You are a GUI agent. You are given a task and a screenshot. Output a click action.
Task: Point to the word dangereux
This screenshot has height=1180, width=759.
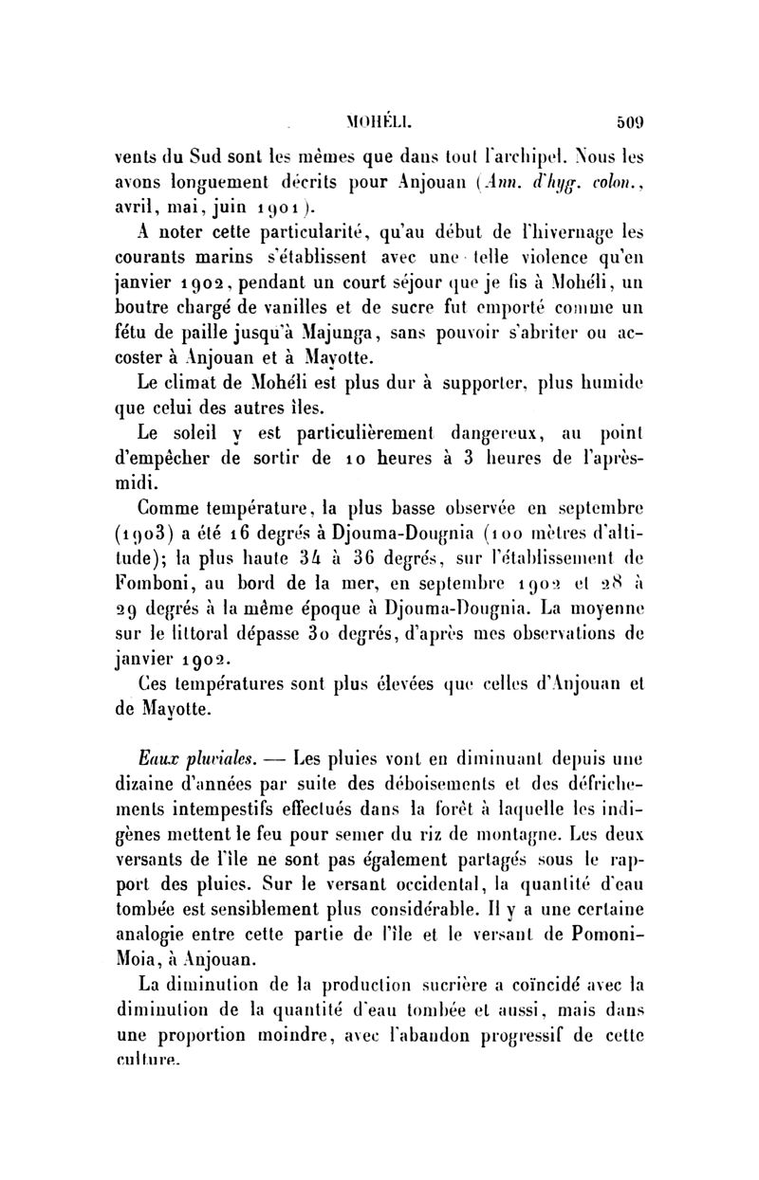pos(514,433)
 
